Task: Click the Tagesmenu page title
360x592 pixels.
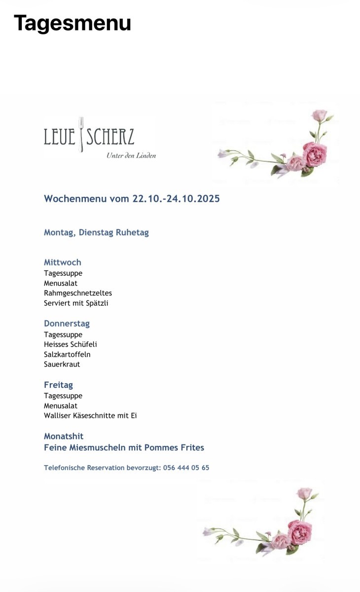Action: (72, 23)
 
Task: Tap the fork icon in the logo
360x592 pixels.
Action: (81, 134)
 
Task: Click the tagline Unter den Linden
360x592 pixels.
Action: (131, 156)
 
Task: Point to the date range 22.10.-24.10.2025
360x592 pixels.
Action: (176, 199)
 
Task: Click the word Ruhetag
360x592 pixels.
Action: (132, 232)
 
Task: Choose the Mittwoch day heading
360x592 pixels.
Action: (63, 262)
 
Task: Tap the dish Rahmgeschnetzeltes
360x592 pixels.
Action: (78, 293)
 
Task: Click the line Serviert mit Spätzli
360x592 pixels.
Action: (76, 303)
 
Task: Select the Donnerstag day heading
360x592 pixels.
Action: (67, 324)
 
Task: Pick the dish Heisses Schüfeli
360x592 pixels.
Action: (71, 344)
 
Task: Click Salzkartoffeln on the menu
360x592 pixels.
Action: (67, 354)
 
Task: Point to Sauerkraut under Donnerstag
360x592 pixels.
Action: (62, 364)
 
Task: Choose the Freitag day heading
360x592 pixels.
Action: (58, 385)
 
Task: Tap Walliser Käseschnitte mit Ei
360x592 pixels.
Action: (90, 415)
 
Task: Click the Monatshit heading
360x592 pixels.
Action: (64, 436)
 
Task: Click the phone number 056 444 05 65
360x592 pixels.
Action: (186, 468)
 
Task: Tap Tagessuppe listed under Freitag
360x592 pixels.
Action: (63, 396)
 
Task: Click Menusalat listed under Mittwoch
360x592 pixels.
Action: (61, 283)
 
